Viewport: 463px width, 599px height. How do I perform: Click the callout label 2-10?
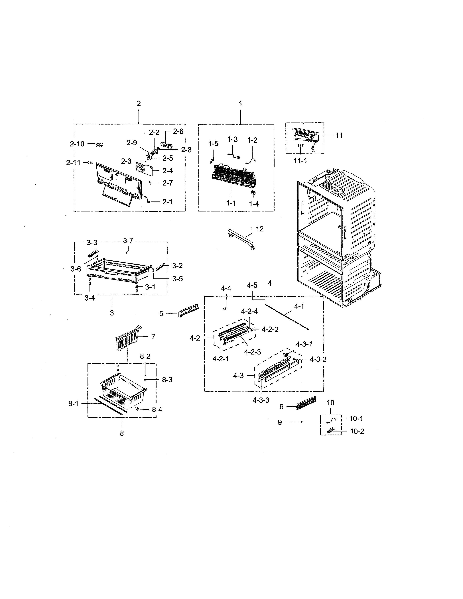(77, 144)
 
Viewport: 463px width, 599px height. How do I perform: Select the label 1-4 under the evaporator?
(254, 204)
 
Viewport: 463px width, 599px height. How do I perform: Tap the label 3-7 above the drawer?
(128, 241)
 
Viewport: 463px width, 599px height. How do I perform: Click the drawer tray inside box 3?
(118, 272)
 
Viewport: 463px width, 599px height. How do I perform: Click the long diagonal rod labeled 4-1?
(287, 317)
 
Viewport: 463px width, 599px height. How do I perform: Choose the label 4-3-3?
(261, 400)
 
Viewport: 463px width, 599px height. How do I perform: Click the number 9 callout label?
(279, 422)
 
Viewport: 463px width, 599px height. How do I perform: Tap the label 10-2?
(357, 431)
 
